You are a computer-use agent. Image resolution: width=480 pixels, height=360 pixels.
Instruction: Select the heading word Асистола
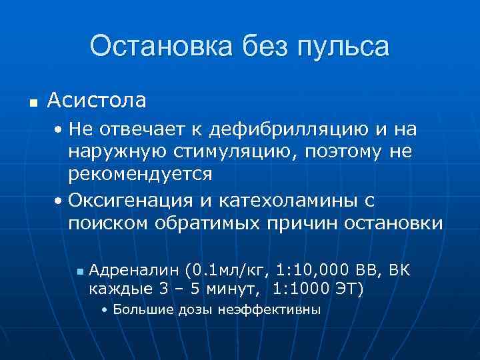click(x=97, y=101)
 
